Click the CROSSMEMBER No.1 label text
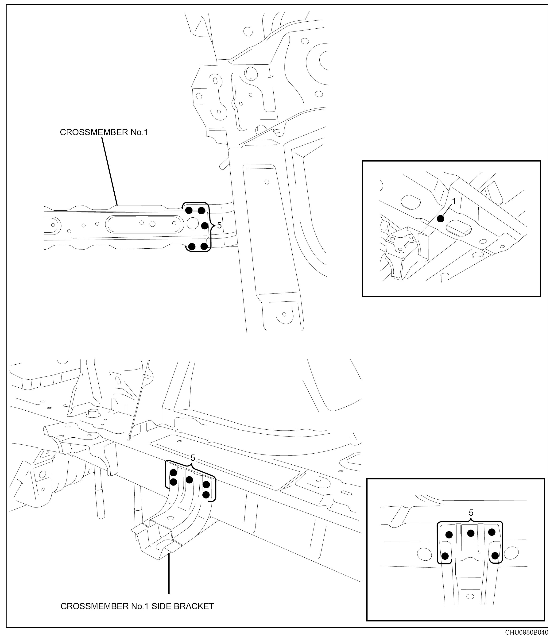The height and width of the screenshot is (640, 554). tap(104, 132)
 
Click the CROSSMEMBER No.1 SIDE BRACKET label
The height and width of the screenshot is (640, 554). tap(137, 606)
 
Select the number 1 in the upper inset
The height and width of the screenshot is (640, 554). tap(454, 201)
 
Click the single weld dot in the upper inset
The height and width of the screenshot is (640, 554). tap(441, 219)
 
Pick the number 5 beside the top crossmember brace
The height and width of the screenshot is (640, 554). tap(219, 226)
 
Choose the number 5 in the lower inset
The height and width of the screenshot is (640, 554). tap(471, 513)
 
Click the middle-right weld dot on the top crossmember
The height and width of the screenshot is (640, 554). tap(205, 226)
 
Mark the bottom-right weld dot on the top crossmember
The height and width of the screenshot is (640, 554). tap(204, 246)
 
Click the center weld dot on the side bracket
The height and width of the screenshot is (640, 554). tap(189, 480)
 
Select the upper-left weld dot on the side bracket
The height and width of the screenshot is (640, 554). tap(174, 473)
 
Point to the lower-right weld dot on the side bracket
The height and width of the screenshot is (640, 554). tap(206, 495)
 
